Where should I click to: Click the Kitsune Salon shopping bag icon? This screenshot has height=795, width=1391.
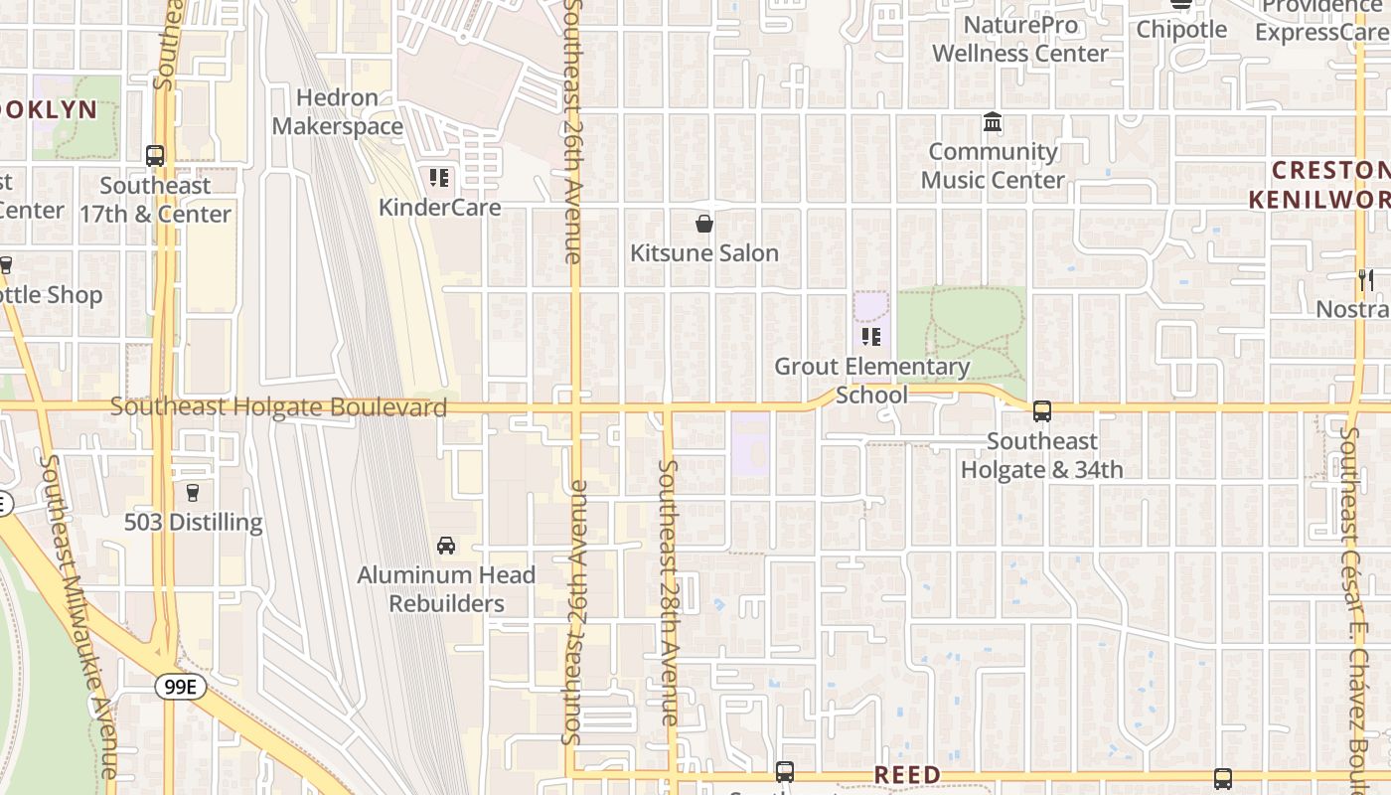[x=704, y=224]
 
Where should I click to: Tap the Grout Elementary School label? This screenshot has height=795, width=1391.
[x=871, y=381]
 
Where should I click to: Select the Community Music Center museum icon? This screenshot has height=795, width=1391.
[x=992, y=122]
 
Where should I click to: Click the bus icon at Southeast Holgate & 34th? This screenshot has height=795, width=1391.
[x=1041, y=410]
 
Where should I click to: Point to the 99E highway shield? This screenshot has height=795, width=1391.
[x=180, y=687]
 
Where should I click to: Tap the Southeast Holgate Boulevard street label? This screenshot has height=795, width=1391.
[x=278, y=407]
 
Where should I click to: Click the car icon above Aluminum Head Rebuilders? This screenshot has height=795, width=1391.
[x=446, y=546]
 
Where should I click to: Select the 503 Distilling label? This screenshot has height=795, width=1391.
[x=193, y=523]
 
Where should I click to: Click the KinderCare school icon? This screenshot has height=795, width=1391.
[x=438, y=178]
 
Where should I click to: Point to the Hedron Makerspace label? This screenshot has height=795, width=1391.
[x=338, y=112]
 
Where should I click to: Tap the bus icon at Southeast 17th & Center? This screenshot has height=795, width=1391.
[x=155, y=156]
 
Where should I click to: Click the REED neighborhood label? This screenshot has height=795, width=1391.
[x=907, y=775]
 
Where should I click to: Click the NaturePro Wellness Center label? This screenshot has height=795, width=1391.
[x=1020, y=39]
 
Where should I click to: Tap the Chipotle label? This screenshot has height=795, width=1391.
[x=1181, y=30]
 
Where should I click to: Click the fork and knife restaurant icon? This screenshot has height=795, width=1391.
[x=1365, y=280]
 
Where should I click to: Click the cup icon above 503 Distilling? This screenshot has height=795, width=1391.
[x=193, y=492]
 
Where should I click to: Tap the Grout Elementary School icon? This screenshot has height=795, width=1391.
[x=871, y=337]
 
